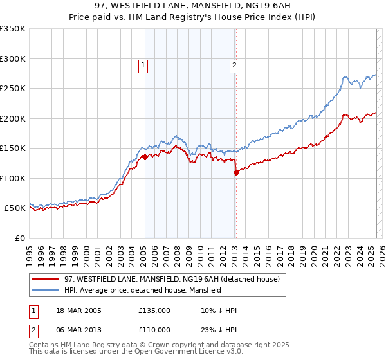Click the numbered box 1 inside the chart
143,64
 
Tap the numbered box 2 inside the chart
235,64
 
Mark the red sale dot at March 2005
145,157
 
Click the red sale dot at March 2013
236,172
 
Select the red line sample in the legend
45,280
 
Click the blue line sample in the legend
45,291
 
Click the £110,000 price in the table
154,330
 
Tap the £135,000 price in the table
154,310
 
